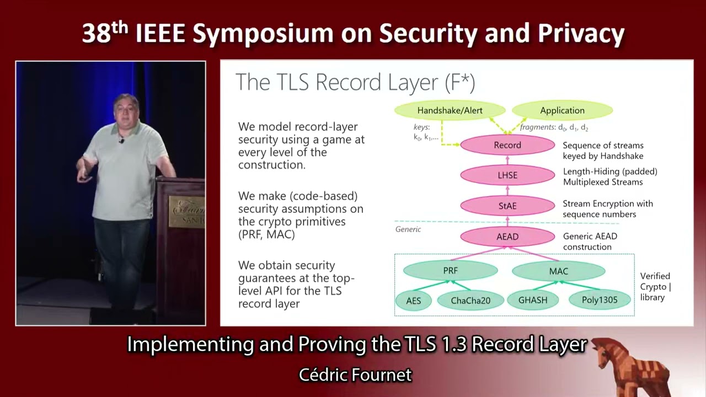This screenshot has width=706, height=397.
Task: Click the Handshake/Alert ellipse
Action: tap(450, 110)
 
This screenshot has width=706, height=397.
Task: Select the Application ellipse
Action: tap(562, 110)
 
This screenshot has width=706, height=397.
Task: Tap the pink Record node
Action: tap(507, 145)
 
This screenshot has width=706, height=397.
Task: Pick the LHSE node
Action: tap(507, 175)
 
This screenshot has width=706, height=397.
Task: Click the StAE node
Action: tap(507, 206)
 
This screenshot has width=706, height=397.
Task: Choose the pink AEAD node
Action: tap(507, 237)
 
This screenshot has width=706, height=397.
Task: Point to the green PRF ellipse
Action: tap(450, 271)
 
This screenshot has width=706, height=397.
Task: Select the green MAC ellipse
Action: tap(558, 271)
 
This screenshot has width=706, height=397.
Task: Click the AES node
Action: tap(414, 301)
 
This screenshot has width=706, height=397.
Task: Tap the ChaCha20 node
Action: tap(470, 301)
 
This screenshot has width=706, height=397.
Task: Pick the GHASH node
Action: tap(533, 300)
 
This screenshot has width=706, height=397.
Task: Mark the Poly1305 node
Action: tap(600, 300)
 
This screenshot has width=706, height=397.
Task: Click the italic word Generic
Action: tap(408, 229)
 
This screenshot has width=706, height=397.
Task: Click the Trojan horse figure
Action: tap(634, 366)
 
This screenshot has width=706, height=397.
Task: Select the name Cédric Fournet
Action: tap(355, 375)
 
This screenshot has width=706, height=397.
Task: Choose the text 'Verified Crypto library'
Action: tap(655, 286)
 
